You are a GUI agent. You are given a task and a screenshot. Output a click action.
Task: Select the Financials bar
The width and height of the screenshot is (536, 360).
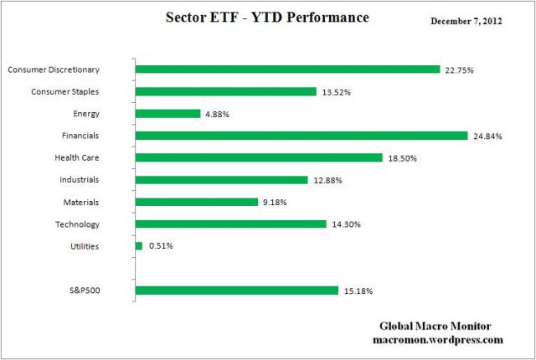[301, 136]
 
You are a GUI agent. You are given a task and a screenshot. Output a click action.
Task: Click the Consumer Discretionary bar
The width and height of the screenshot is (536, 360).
[287, 69]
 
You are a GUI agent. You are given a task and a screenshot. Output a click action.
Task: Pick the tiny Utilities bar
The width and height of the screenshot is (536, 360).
[139, 246]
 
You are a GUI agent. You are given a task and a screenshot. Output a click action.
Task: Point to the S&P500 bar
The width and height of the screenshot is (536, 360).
[236, 291]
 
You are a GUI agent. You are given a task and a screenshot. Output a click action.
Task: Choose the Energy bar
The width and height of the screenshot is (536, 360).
[167, 114]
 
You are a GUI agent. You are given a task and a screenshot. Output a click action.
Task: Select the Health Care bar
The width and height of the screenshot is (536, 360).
[258, 157]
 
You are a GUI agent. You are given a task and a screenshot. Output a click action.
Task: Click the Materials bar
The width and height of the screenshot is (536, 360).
[196, 202]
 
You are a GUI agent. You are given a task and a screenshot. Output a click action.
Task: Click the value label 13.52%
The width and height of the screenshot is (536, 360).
[337, 92]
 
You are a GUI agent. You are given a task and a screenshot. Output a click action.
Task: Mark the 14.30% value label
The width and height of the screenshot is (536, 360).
[346, 224]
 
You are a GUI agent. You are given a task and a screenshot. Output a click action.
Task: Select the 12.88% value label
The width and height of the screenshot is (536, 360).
[328, 180]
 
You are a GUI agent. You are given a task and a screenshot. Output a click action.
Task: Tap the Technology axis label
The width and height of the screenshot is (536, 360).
[77, 224]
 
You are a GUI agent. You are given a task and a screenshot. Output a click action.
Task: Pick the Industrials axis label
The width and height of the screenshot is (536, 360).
[80, 180]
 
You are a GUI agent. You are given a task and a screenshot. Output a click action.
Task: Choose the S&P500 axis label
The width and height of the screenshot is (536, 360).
[83, 291]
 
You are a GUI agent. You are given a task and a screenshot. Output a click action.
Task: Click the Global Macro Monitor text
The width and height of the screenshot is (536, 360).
[437, 327]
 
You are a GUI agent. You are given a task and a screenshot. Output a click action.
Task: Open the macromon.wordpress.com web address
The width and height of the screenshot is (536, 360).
[437, 340]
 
